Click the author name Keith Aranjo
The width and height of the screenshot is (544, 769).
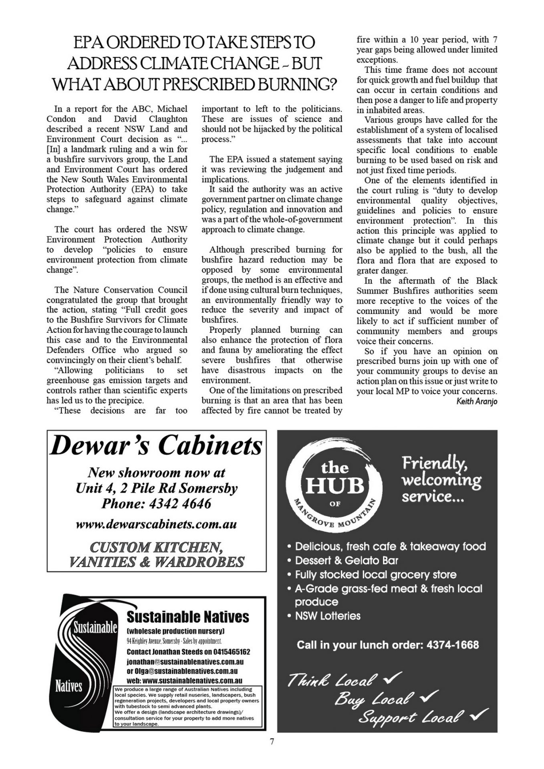(477, 401)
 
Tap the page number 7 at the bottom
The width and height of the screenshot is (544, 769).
(272, 753)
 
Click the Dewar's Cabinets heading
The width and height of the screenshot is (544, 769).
(156, 446)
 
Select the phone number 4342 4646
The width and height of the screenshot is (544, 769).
(180, 503)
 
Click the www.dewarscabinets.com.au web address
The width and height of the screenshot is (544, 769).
(156, 524)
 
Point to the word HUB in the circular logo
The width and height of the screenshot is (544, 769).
(335, 486)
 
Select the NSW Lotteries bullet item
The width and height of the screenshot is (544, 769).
(328, 616)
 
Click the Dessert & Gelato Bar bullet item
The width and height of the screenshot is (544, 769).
(347, 560)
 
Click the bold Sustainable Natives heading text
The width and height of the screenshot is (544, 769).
(187, 617)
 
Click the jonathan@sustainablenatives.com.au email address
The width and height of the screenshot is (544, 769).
(185, 662)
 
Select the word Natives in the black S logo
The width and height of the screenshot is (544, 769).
(69, 687)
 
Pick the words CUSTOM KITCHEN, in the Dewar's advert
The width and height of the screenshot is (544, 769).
(156, 547)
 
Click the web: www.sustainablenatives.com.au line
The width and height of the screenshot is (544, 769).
(184, 680)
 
